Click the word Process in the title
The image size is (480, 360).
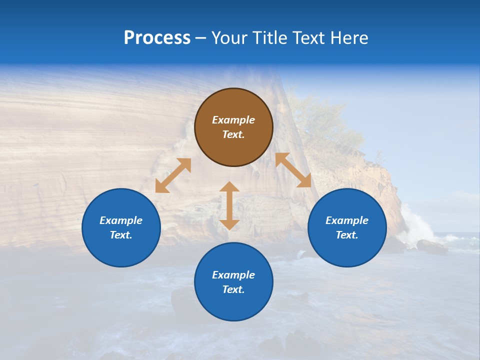point(157,38)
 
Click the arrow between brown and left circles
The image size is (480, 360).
point(173,175)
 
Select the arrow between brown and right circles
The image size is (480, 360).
point(293,170)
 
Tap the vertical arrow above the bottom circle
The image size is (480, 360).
point(229,205)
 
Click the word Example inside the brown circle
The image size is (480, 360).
point(233,120)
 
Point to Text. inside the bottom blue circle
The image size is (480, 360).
point(233,289)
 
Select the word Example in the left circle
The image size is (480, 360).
point(121,220)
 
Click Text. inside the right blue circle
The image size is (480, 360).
point(347,235)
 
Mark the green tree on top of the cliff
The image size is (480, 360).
point(325,120)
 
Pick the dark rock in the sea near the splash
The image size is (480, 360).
point(431,246)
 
